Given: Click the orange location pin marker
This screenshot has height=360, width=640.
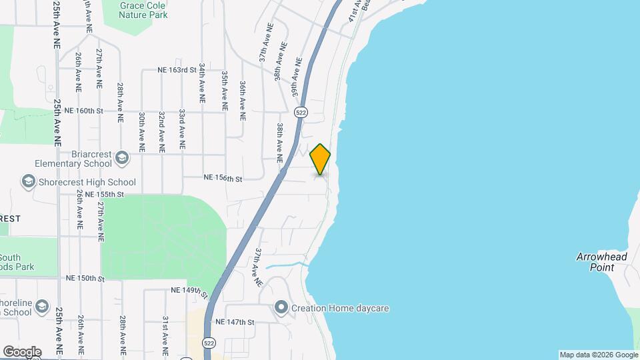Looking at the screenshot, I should [x=320, y=159].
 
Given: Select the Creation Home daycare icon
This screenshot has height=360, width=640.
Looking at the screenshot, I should [x=281, y=308].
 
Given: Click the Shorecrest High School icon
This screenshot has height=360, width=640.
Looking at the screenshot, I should [x=29, y=181].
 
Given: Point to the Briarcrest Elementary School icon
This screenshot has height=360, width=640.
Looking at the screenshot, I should [x=121, y=157].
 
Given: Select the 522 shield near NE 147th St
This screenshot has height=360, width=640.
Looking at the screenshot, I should [x=209, y=343].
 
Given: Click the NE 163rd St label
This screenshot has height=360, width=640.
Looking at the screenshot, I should [x=177, y=69].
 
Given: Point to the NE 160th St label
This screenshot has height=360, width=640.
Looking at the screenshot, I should [x=84, y=111].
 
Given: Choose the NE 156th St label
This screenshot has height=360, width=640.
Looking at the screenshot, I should [x=223, y=178].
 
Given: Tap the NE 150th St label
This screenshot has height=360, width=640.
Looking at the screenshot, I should [x=85, y=277].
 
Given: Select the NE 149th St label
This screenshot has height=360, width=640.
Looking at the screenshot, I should [x=190, y=291].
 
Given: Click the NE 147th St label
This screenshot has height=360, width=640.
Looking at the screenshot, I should [x=235, y=322].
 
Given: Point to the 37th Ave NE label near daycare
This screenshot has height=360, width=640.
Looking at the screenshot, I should [x=259, y=267].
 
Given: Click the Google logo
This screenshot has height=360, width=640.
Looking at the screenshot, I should [x=22, y=351].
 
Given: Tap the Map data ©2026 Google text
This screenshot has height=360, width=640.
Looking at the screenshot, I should [x=598, y=355].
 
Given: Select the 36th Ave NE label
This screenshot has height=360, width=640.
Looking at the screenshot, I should [x=243, y=100].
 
